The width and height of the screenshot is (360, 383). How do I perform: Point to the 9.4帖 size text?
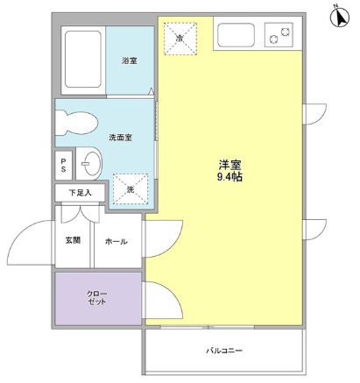tap(231, 177)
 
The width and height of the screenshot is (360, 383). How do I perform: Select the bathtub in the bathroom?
tap(83, 59)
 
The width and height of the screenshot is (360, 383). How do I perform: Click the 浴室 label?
tap(130, 60)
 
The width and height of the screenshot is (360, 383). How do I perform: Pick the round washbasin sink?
tap(91, 164)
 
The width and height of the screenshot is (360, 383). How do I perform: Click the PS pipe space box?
tap(63, 165)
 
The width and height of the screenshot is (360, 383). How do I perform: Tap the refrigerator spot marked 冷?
tap(180, 39)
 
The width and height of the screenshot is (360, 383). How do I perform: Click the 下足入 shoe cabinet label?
tap(80, 192)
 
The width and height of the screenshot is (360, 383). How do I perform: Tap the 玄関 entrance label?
tap(71, 240)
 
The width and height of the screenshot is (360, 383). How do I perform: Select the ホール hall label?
tap(116, 241)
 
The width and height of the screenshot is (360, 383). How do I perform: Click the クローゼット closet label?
tap(96, 296)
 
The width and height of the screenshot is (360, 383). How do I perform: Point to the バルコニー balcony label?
tap(224, 351)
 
